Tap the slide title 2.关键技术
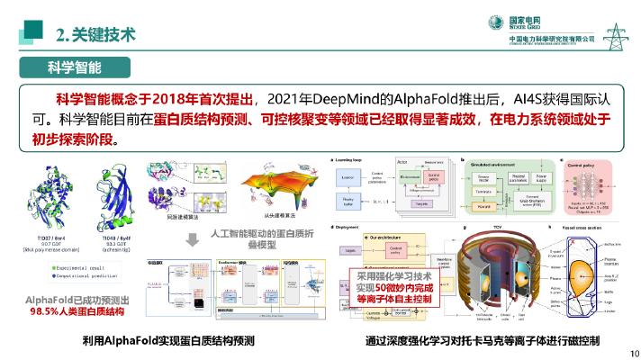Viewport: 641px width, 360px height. (x=95, y=36)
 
